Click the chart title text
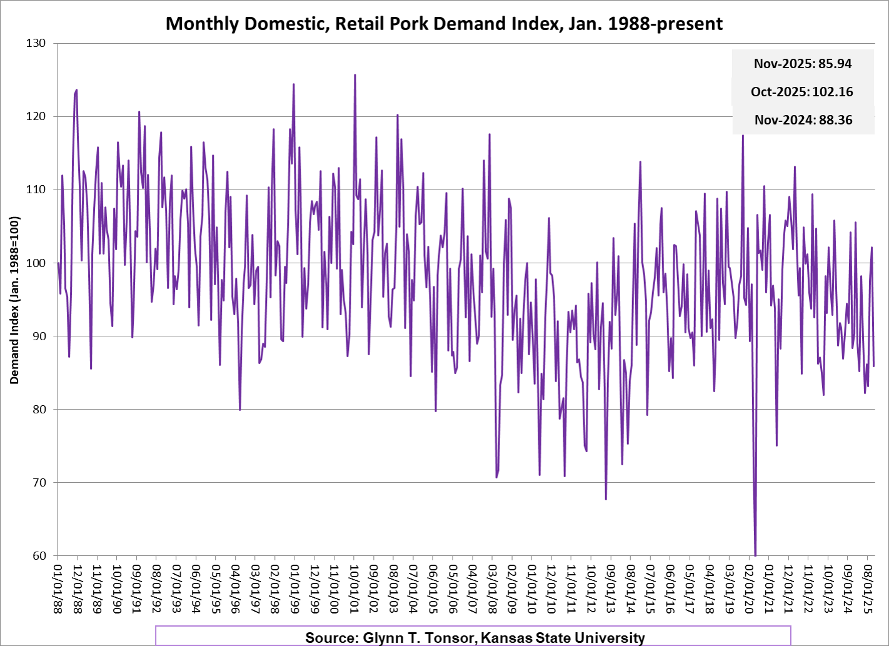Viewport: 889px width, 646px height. [444, 24]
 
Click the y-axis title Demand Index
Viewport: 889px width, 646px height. [14, 300]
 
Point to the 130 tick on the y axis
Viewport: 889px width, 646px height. [36, 43]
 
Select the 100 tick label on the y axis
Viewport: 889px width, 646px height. [36, 263]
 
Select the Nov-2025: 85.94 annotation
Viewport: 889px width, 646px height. [803, 64]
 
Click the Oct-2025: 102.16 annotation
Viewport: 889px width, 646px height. [802, 92]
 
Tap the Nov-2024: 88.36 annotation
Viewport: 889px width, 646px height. [803, 120]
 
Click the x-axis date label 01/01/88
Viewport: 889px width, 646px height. [58, 588]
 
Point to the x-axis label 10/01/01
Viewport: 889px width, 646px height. [354, 588]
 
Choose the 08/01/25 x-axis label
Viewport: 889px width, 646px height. [868, 588]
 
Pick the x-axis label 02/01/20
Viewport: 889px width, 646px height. [749, 588]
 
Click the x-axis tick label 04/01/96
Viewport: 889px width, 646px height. [235, 588]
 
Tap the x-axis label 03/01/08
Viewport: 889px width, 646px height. [492, 588]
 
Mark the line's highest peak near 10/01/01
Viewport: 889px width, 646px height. [355, 75]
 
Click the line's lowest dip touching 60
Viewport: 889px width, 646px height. [755, 554]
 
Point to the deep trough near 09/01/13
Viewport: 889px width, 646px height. [606, 498]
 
